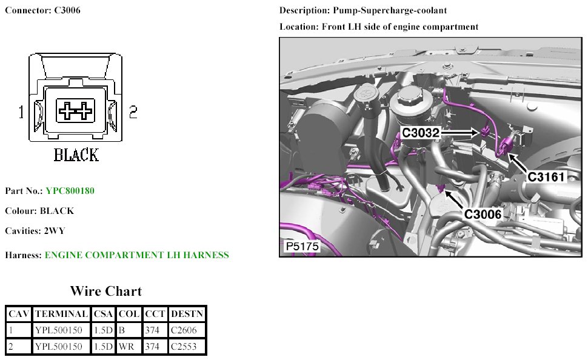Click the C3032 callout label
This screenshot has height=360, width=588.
[x=420, y=132]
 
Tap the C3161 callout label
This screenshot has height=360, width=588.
[x=546, y=176]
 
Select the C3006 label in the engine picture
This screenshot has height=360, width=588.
[x=483, y=214]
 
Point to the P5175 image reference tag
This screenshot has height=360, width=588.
[x=302, y=247]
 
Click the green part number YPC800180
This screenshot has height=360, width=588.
[x=70, y=191]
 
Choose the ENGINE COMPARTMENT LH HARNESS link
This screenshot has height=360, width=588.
[x=137, y=255]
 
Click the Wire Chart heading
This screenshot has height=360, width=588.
[x=105, y=291]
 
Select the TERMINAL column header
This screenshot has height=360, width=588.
[x=61, y=314]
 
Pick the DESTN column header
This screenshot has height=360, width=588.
[x=187, y=314]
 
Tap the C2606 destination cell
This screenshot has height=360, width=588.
[x=184, y=330]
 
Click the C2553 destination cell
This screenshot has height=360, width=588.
[x=184, y=346]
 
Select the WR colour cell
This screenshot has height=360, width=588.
[x=126, y=346]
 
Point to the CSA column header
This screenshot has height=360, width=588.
[x=103, y=314]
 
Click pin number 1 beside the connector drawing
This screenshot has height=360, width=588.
[x=21, y=112]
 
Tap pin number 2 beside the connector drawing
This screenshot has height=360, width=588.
[x=133, y=112]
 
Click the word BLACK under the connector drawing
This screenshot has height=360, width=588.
[x=76, y=155]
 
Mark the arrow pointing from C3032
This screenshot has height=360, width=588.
[x=459, y=132]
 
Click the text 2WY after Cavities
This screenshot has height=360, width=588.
[x=55, y=231]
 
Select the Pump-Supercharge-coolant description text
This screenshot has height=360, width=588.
[x=390, y=10]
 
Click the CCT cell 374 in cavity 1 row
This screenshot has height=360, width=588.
[x=152, y=330]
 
